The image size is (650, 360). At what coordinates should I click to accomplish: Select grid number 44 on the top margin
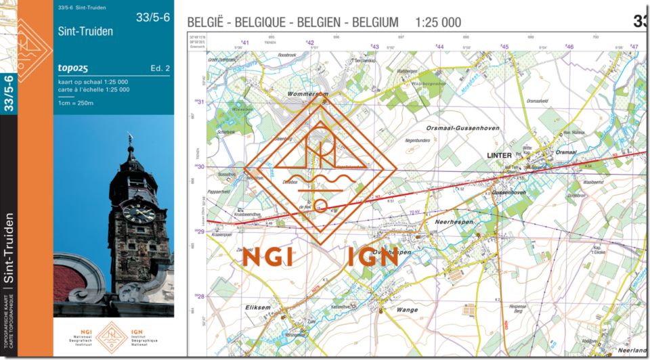(440, 47)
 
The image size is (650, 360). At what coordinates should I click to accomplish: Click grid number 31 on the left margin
(200, 102)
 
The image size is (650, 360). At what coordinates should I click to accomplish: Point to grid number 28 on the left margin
(200, 296)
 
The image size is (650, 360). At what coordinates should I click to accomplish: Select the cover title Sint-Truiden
(86, 31)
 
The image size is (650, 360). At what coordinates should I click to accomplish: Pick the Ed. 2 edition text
(160, 68)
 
